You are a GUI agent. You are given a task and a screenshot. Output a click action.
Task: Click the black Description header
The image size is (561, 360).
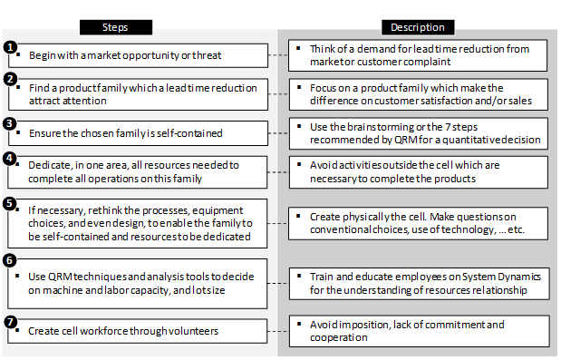pyautogui.click(x=418, y=27)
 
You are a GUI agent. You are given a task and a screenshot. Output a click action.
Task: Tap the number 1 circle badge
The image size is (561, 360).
pyautogui.click(x=10, y=46)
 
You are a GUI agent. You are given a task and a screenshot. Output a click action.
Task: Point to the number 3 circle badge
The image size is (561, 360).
pyautogui.click(x=10, y=123)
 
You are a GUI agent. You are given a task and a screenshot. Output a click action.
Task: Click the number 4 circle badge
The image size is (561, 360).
pyautogui.click(x=10, y=159)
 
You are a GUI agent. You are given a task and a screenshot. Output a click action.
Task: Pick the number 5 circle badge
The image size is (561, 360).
pyautogui.click(x=10, y=202)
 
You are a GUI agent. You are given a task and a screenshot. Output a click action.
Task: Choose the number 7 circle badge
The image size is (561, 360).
pyautogui.click(x=10, y=320)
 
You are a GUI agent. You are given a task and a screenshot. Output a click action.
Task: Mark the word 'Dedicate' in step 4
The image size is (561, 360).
pyautogui.click(x=47, y=165)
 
